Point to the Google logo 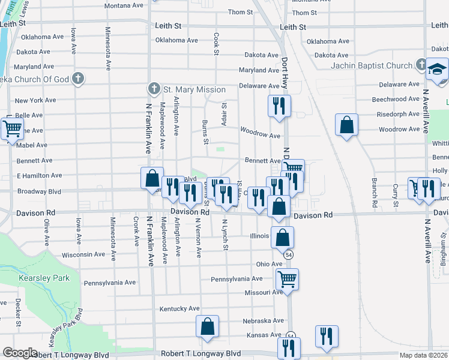click(20, 353)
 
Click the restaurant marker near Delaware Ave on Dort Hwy click(279, 106)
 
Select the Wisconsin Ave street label click(83, 254)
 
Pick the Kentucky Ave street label click(179, 308)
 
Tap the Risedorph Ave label click(396, 114)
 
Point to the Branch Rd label click(374, 192)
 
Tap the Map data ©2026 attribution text click(424, 355)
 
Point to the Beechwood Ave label click(396, 99)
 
